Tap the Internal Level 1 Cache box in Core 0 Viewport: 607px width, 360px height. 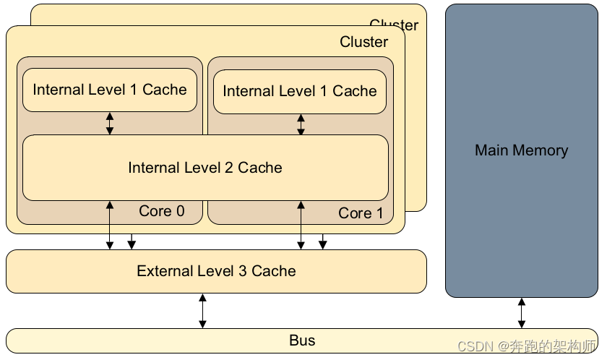110,90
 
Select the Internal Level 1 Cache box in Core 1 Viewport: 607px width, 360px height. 300,91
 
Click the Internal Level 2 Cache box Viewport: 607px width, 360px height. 205,168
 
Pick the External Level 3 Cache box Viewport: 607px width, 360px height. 216,271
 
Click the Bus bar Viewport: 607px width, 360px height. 302,340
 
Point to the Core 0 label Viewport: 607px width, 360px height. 162,211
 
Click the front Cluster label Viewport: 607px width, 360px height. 363,42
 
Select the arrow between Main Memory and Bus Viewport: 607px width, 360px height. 521,312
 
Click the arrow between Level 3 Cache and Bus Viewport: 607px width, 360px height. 202,310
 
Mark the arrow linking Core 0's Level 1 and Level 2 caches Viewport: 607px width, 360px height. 110,123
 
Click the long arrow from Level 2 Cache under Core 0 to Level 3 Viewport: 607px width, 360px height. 110,226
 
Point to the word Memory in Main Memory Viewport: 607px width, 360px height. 541,150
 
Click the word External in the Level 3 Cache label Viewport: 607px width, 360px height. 164,271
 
